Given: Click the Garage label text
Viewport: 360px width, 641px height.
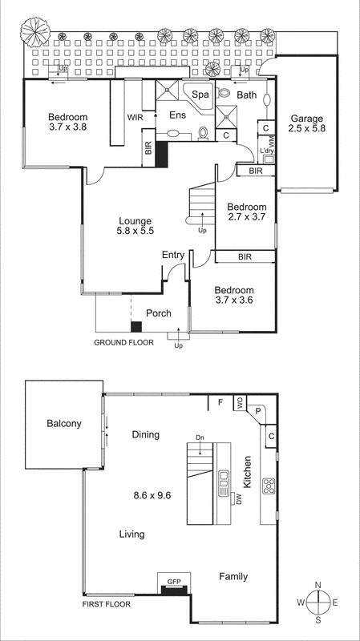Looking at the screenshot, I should tap(307, 119).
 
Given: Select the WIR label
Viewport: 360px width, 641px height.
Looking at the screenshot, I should tap(135, 116).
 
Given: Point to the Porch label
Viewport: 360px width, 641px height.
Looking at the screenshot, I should tap(158, 312).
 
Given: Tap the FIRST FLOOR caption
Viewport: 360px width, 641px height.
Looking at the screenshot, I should tap(107, 605).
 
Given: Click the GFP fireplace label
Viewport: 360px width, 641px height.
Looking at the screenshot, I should tap(174, 581).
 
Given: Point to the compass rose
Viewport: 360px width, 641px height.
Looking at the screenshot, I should tap(318, 602).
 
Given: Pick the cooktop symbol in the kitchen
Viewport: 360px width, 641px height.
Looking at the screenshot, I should tap(269, 486).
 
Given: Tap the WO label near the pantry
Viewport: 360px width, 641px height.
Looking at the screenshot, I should tap(239, 401).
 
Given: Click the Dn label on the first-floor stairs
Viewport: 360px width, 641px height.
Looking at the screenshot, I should tap(200, 437).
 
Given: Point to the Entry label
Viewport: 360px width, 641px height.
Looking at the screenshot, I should tap(173, 256).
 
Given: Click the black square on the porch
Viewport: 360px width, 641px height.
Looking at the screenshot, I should tap(136, 326).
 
